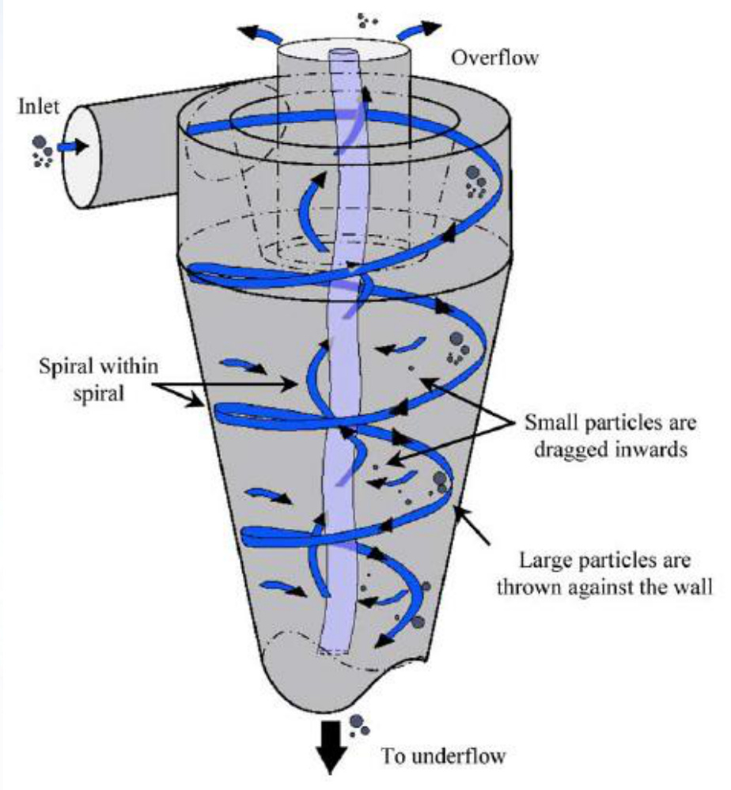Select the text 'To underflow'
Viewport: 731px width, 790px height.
click(444, 756)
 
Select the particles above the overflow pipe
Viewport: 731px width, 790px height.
click(368, 20)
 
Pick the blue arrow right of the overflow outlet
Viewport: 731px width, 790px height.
click(416, 32)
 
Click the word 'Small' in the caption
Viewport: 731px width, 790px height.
click(547, 421)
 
